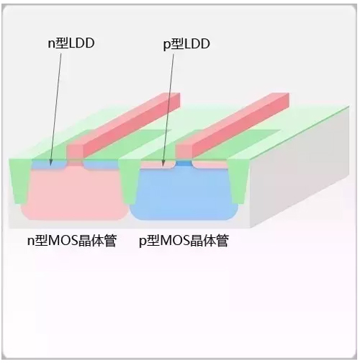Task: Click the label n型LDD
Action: point(71,43)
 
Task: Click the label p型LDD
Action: point(186,44)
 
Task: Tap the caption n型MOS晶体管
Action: point(72,241)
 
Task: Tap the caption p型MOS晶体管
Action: point(184,241)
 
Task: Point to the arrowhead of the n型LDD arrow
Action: point(50,164)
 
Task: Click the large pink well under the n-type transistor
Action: point(73,193)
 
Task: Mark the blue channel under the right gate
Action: point(184,164)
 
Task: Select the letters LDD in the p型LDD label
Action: point(197,44)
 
